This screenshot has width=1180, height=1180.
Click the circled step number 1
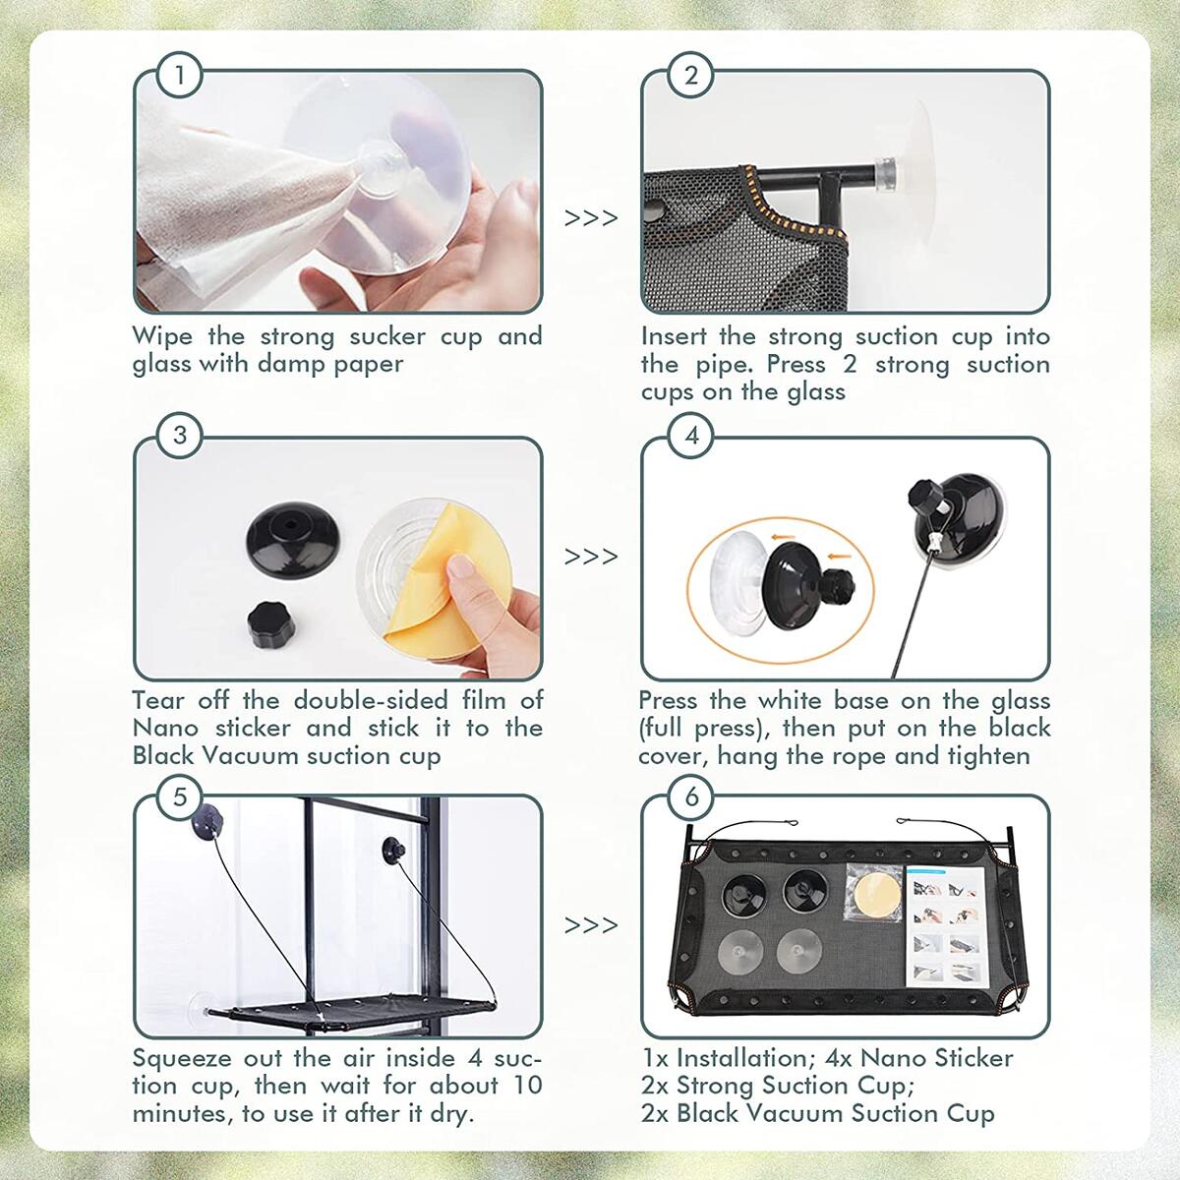[x=179, y=75]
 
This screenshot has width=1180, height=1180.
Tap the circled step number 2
[x=690, y=75]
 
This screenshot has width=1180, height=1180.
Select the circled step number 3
[x=179, y=435]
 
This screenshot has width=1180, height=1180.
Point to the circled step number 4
[x=690, y=435]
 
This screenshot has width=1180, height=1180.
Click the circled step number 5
[x=179, y=796]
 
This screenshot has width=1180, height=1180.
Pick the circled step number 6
[x=690, y=796]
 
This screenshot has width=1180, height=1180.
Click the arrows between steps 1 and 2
[x=591, y=217]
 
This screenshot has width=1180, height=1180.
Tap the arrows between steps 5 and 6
[x=591, y=925]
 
